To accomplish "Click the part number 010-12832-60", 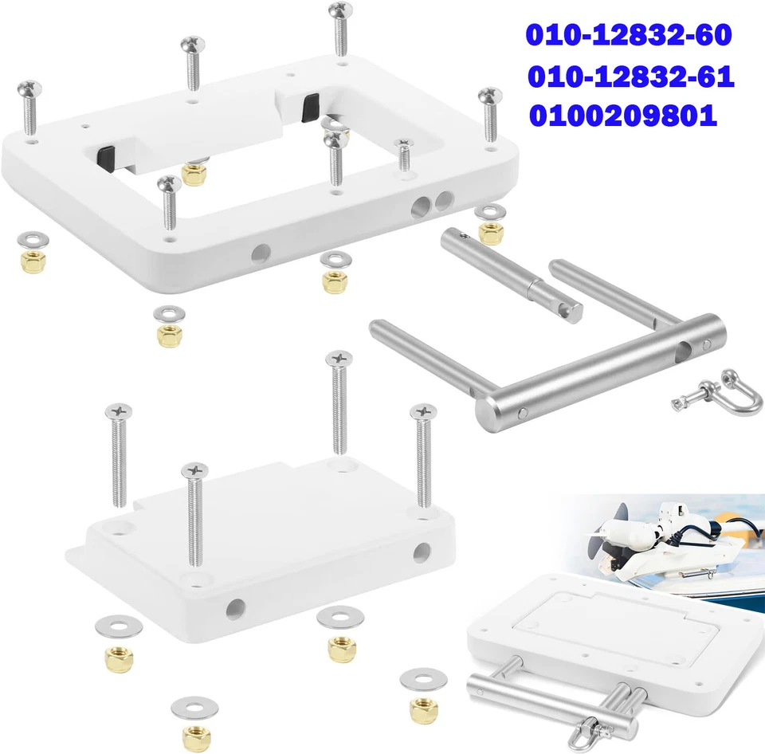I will point(628,36).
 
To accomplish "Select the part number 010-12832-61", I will point(630,77).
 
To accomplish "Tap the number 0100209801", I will point(622,117).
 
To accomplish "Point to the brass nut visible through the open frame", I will point(194,173).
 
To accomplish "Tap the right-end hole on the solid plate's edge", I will point(422,552).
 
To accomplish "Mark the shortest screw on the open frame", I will point(404,155).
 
